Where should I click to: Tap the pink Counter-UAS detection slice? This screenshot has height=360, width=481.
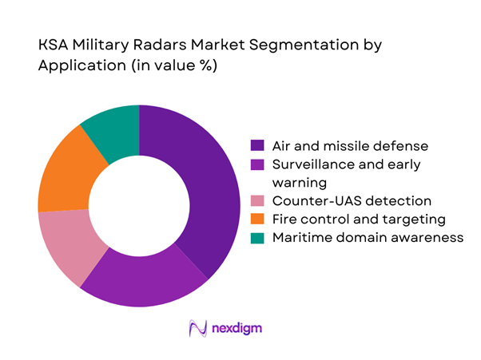coord(68,246)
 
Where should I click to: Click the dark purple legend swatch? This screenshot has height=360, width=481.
coord(257,146)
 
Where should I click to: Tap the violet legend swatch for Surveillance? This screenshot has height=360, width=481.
coord(257,164)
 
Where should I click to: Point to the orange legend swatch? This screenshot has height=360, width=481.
coord(257,220)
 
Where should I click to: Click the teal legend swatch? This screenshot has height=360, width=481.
coord(257,238)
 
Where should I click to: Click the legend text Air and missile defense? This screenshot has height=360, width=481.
coord(339,146)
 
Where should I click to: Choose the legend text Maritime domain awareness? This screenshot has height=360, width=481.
coord(367,238)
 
